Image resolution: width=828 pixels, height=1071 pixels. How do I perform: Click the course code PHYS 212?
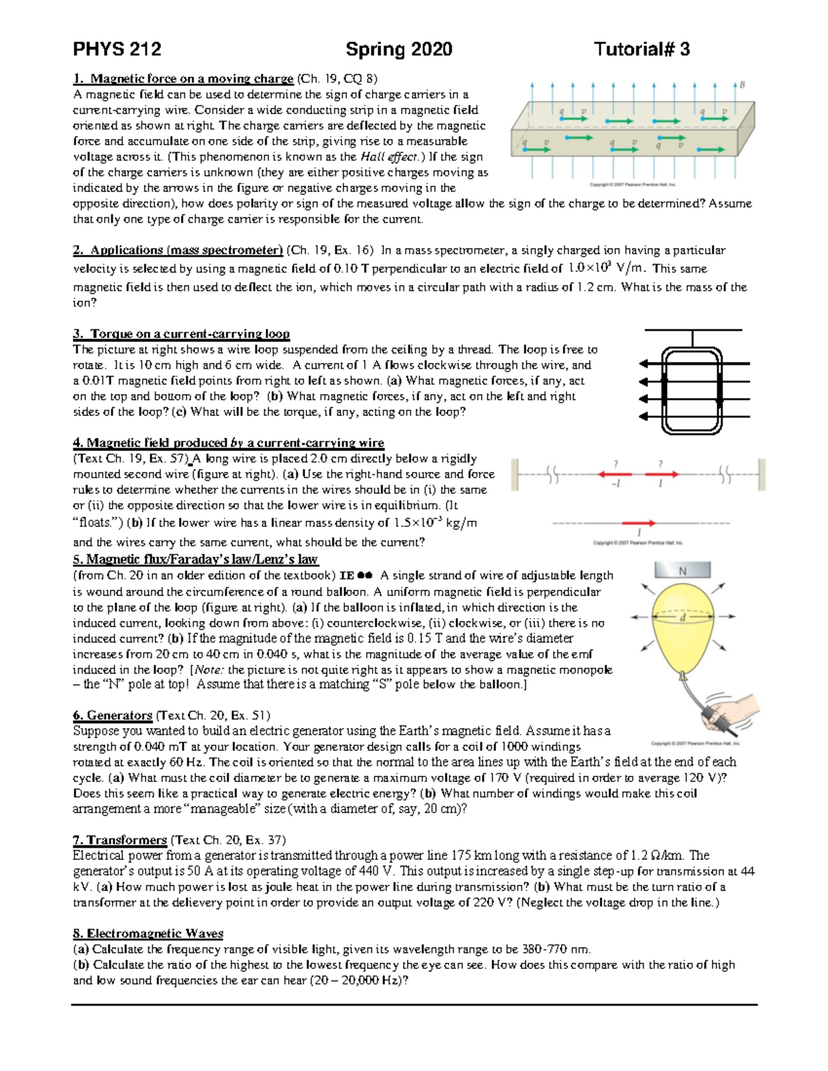117,50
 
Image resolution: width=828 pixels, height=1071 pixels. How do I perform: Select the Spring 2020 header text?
399,50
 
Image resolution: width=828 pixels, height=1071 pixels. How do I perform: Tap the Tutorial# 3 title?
642,50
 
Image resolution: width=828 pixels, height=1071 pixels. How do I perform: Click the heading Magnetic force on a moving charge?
192,79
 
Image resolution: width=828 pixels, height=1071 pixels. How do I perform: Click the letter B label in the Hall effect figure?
742,86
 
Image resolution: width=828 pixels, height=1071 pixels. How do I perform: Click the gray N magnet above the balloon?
682,570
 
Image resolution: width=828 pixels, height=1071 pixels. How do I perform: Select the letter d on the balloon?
682,618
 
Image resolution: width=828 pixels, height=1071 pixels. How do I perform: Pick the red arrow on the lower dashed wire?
639,523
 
